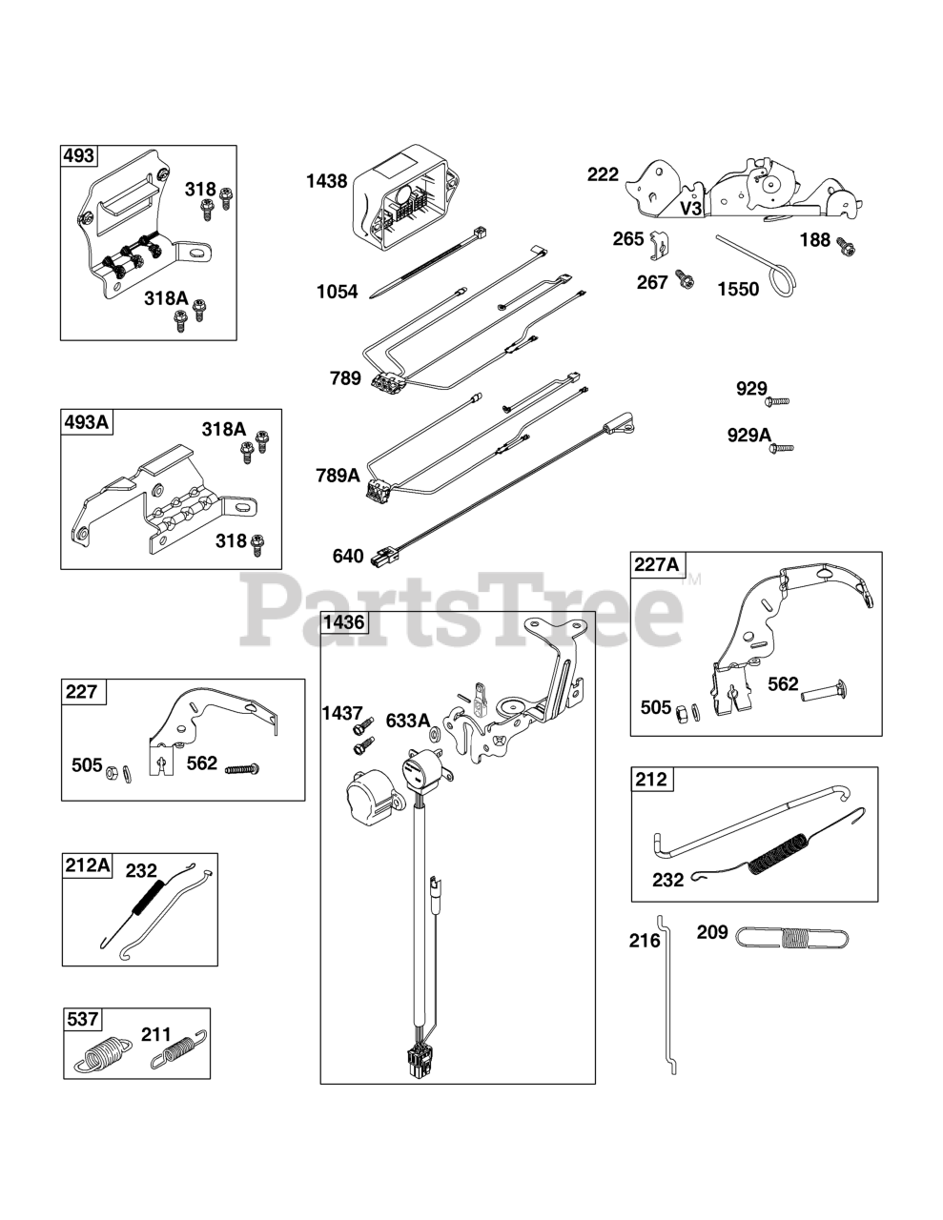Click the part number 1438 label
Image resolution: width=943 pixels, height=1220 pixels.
(x=326, y=181)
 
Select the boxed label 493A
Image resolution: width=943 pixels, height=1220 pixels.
(x=85, y=422)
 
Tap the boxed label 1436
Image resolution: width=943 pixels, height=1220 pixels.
(x=343, y=623)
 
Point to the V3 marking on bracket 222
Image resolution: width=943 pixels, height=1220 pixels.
(x=690, y=208)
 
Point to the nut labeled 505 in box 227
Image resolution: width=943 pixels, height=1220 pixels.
(x=112, y=769)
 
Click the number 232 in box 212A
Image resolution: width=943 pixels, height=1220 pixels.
(x=141, y=870)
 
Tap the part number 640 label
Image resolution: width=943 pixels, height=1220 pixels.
(x=348, y=556)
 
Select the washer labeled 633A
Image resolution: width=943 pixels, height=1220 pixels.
(x=435, y=736)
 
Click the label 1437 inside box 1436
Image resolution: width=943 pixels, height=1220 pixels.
(x=341, y=714)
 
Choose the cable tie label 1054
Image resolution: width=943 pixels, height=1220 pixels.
(x=338, y=292)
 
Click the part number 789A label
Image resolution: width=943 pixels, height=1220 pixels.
(x=338, y=476)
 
